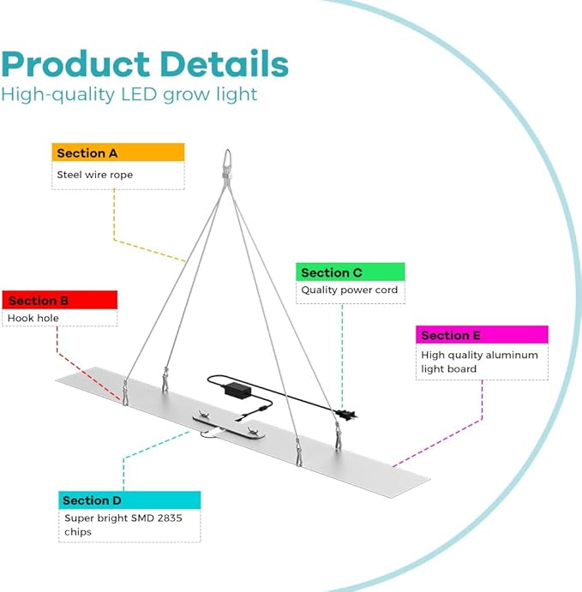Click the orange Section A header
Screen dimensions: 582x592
[117, 152]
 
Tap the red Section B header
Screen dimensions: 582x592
[60, 300]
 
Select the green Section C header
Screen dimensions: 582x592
[350, 272]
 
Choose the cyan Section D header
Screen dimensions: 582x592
[129, 500]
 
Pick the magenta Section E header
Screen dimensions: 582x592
[482, 335]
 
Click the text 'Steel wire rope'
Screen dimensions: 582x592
[95, 175]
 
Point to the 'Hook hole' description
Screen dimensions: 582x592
[33, 318]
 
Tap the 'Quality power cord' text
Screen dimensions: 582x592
[350, 290]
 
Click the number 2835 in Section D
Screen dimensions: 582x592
[170, 518]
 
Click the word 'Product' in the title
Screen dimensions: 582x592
[75, 64]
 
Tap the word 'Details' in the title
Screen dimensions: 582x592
[225, 63]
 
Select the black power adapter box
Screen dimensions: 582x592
[237, 389]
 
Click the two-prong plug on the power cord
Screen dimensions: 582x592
[347, 415]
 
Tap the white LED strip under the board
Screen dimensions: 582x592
[229, 426]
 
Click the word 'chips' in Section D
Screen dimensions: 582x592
[78, 532]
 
